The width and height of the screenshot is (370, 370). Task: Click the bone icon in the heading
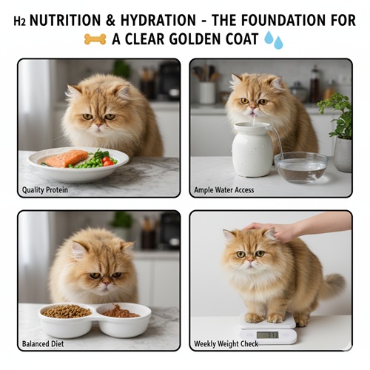point(95,39)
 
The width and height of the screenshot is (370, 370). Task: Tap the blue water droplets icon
point(274,40)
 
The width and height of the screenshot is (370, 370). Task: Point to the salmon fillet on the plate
point(67,158)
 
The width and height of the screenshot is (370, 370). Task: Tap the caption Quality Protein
point(45,190)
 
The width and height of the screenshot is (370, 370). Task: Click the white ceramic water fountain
point(252,149)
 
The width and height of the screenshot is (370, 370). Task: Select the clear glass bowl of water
point(301,167)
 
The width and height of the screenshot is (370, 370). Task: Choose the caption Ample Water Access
point(224,190)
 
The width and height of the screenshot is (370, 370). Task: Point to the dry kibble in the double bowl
point(66,312)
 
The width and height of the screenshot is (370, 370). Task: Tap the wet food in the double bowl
point(120,312)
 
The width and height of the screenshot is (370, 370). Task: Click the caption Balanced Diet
point(43,344)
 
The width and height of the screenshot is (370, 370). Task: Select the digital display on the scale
point(267,334)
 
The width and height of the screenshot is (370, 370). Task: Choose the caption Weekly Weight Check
point(226,344)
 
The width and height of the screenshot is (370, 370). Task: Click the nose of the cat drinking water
point(254,107)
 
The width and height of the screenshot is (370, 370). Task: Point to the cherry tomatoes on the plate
point(107,161)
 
